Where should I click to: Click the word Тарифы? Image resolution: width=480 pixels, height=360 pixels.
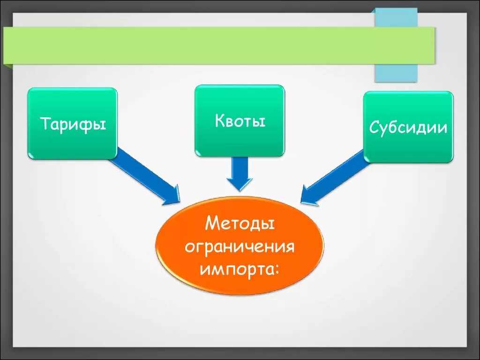(73, 124)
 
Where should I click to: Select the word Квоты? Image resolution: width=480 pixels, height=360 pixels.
(240, 121)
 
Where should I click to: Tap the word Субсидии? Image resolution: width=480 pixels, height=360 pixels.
(408, 127)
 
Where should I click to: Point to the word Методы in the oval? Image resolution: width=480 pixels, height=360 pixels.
(240, 224)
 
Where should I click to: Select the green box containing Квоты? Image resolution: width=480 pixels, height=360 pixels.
(240, 141)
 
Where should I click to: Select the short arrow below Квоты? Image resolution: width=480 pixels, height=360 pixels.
(240, 171)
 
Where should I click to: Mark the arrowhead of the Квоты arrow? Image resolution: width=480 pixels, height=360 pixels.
(240, 184)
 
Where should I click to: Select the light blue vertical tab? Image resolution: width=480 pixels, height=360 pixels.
(396, 73)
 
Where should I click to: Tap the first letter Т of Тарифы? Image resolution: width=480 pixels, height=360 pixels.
(45, 124)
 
